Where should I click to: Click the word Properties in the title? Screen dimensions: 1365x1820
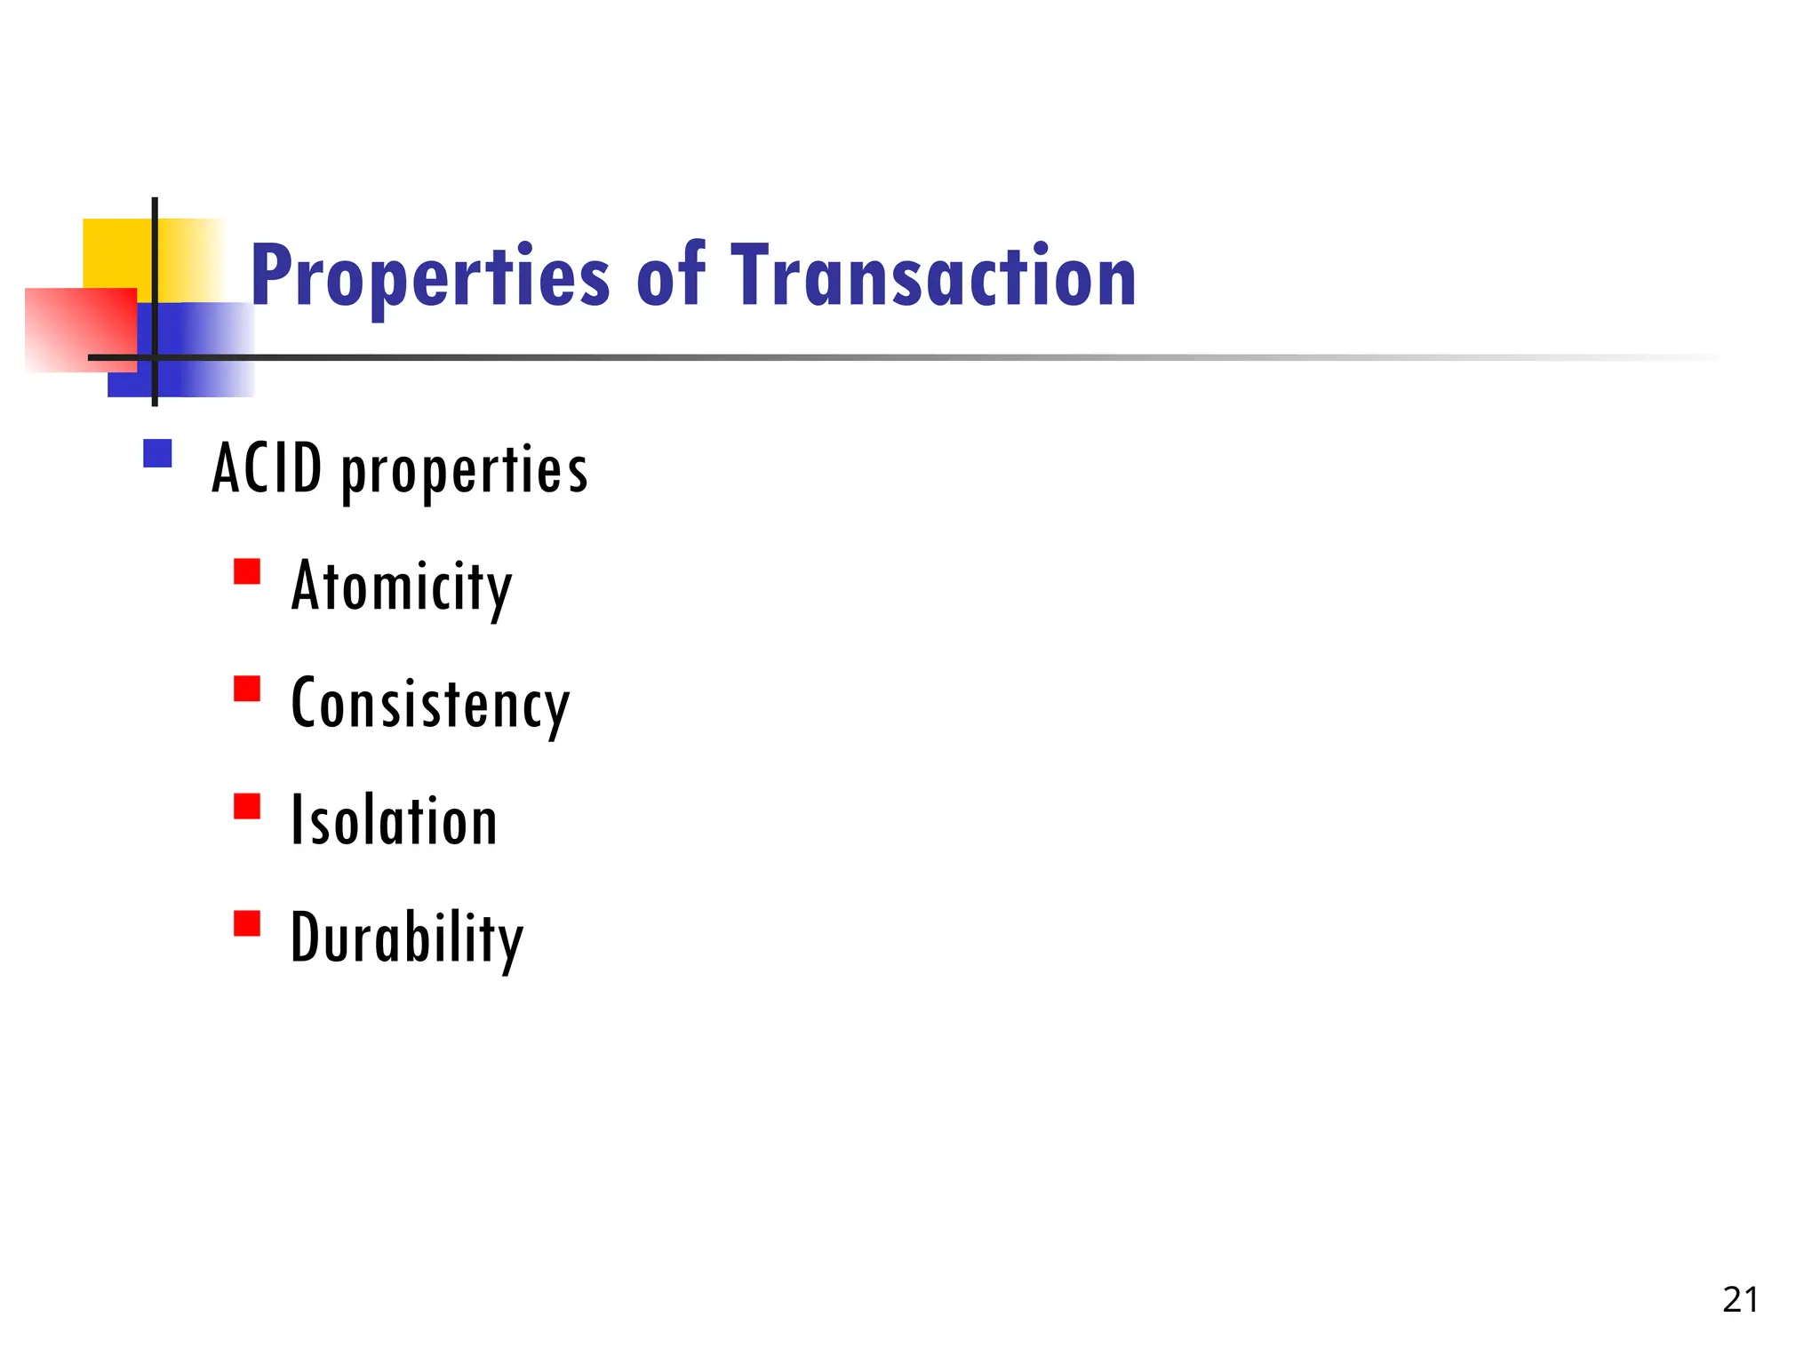coord(430,277)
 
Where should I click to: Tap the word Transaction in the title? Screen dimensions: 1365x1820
coord(933,277)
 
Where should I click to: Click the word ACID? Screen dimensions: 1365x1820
coord(267,468)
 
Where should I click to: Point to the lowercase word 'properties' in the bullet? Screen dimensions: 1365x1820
coord(465,472)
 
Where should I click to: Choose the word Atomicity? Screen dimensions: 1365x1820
coord(402,587)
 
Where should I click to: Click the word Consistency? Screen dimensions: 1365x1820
coord(430,705)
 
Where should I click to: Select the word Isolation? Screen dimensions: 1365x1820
coord(395,821)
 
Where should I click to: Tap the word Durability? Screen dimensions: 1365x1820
coord(407,939)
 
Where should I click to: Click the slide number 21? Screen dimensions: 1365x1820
coord(1740,1299)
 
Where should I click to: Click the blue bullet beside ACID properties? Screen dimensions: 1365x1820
coord(157,453)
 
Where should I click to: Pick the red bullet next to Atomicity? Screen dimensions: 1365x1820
coord(247,571)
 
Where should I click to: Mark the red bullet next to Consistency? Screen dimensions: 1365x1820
coord(247,689)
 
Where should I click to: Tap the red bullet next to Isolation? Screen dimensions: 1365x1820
coord(247,806)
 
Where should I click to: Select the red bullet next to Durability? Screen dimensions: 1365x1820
coord(247,923)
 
